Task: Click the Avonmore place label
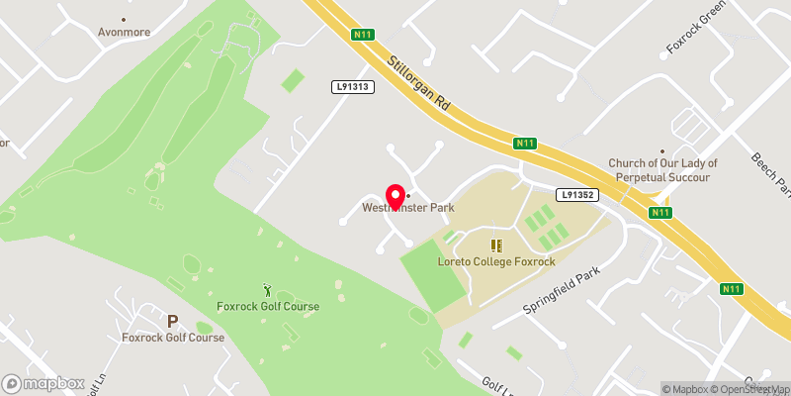(x=124, y=32)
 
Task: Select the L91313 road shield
(x=351, y=87)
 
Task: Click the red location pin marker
(x=395, y=195)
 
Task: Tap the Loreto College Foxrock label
(x=496, y=261)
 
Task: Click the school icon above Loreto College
(x=496, y=245)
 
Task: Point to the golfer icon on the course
(x=268, y=289)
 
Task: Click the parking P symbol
(x=172, y=321)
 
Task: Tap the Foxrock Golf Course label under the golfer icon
(x=268, y=306)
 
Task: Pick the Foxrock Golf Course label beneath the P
(x=173, y=338)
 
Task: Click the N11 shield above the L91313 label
(x=363, y=36)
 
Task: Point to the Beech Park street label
(x=770, y=172)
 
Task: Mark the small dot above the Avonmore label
(x=124, y=19)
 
